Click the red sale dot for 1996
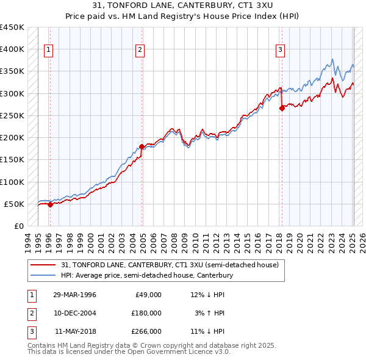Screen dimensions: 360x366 [x=50, y=204]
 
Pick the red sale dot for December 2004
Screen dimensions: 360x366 [x=142, y=146]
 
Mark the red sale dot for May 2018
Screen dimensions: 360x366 [x=282, y=109]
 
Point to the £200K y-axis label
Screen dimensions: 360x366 [x=12, y=137]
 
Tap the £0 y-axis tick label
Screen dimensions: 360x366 [x=19, y=226]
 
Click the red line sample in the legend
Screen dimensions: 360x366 [x=44, y=265]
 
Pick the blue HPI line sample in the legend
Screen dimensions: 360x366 [x=44, y=275]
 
